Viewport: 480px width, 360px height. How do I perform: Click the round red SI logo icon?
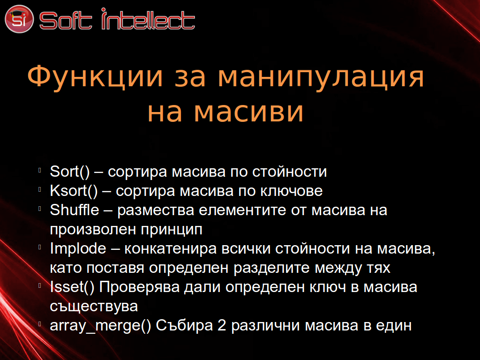(19, 19)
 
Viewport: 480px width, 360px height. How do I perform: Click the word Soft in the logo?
(66, 21)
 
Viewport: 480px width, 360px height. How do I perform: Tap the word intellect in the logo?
(148, 19)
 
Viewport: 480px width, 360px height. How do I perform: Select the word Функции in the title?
(95, 76)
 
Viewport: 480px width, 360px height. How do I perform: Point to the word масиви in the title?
(248, 111)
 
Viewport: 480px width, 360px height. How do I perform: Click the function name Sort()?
(70, 172)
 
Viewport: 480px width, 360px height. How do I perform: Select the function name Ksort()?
(74, 191)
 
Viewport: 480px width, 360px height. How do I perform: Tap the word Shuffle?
(75, 210)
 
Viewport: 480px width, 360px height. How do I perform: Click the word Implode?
(78, 248)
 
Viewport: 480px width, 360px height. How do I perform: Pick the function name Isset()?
(72, 287)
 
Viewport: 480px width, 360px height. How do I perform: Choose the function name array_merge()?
(100, 325)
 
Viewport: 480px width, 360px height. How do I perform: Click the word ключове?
(292, 191)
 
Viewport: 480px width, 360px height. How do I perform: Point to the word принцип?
(172, 230)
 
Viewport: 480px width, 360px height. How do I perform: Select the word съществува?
(94, 306)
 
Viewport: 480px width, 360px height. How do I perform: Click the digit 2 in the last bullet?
(222, 325)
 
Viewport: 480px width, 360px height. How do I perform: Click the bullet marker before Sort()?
(40, 170)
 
